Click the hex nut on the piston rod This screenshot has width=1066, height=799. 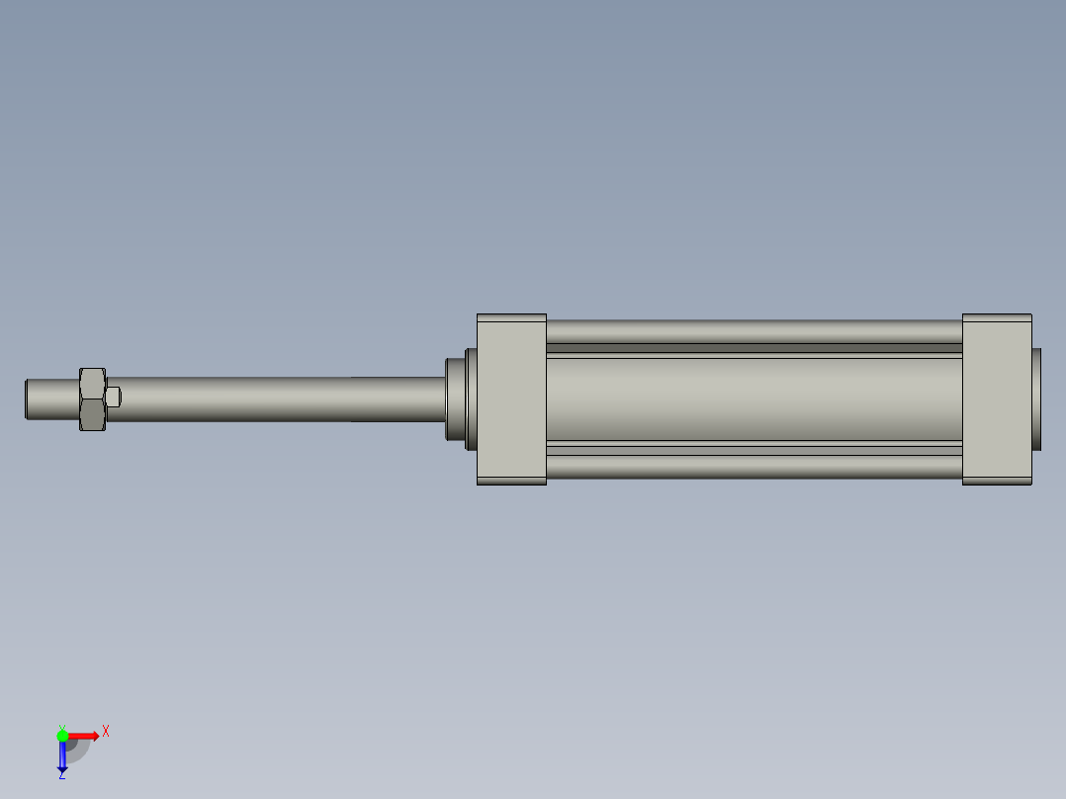coord(92,399)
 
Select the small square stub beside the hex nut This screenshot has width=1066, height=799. coord(114,397)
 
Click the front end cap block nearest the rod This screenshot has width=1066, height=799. coord(511,399)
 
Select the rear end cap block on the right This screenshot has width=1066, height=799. coord(997,399)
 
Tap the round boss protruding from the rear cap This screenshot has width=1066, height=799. coord(1036,399)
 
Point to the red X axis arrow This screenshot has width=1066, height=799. coord(85,736)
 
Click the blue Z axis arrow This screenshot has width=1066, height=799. coord(62,756)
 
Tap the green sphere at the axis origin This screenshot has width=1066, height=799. coord(62,736)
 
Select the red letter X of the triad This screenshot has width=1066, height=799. coord(106,732)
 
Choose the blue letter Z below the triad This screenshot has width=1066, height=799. coord(61,775)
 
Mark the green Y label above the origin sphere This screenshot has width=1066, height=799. coord(61,727)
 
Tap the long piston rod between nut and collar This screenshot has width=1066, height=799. coord(277,399)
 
